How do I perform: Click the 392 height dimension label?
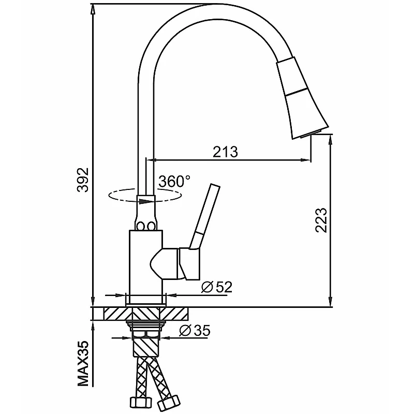tap(83, 180)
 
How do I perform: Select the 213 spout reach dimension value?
tap(226, 152)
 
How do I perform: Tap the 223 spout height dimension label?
tap(321, 220)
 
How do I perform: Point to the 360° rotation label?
tap(174, 182)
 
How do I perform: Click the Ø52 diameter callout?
tap(216, 287)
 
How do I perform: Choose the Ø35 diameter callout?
tap(195, 330)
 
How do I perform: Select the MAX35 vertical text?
tap(83, 364)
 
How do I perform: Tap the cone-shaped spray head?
tap(302, 98)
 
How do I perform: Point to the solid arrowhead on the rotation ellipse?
tap(145, 201)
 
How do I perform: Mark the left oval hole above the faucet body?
tap(140, 226)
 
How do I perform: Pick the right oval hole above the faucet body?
tap(151, 226)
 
